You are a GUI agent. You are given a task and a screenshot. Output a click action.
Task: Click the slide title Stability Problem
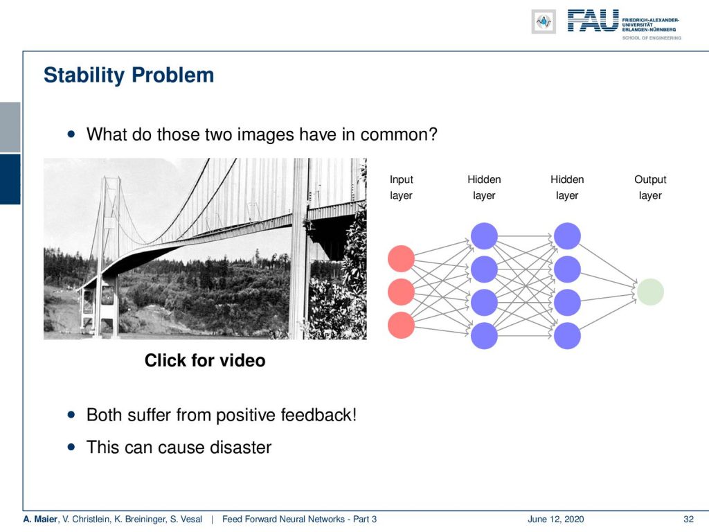click(129, 76)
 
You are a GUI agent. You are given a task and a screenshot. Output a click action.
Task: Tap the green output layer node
click(650, 292)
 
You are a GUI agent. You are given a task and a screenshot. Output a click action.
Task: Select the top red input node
click(401, 259)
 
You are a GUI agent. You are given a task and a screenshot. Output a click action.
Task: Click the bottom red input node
click(401, 325)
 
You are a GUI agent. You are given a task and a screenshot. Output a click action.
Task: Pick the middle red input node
click(401, 292)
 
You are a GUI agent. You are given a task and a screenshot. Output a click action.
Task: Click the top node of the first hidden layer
click(484, 236)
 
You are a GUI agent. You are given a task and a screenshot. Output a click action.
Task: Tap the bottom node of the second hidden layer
click(567, 336)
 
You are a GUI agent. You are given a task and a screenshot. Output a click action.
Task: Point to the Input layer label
click(401, 187)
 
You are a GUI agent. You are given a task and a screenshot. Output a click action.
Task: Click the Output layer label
click(650, 187)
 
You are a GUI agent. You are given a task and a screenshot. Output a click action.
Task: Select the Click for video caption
click(205, 360)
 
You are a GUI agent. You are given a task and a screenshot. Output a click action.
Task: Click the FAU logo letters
click(593, 21)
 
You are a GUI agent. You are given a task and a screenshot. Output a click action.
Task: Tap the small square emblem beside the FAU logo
click(544, 21)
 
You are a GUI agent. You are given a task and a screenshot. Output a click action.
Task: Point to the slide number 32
click(688, 519)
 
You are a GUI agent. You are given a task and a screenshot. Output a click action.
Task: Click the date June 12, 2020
click(556, 519)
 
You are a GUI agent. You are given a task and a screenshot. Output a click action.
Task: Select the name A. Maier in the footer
click(40, 519)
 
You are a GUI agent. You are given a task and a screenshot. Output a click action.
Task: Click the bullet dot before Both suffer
click(71, 415)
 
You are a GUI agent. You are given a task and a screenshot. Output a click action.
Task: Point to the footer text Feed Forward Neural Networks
click(283, 519)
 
